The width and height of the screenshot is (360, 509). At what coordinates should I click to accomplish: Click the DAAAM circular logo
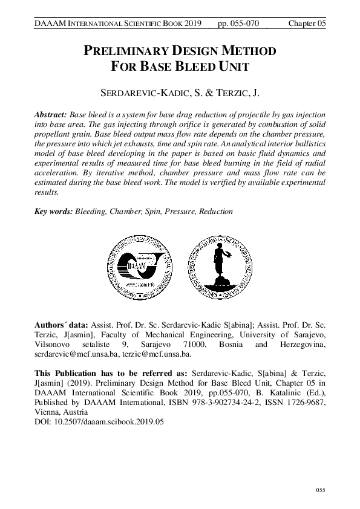136,264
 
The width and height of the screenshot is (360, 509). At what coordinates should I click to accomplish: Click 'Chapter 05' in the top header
308,23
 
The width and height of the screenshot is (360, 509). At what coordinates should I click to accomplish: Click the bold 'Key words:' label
53,212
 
